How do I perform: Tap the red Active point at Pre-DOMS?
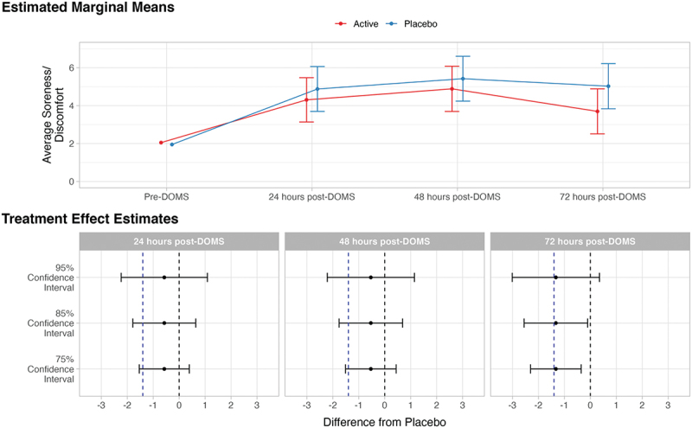coord(161,143)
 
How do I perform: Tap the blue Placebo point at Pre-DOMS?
coord(172,144)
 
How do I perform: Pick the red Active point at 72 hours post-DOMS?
coord(597,112)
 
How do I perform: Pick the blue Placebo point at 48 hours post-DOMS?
coord(463,79)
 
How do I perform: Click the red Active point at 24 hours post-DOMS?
coord(306,99)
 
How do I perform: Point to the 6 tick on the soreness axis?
coord(73,67)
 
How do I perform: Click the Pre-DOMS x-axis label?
coord(166,197)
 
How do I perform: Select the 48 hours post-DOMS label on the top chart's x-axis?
coord(457,197)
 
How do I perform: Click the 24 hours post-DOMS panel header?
coord(179,241)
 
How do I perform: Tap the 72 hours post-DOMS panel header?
coord(590,241)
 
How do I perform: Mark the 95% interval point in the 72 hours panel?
coord(555,278)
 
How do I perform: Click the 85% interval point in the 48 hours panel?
coord(370,323)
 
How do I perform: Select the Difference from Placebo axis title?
coord(384,422)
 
